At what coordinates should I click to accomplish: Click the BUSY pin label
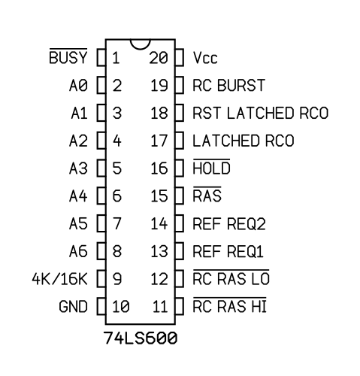point(68,57)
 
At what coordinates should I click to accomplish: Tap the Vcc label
point(205,58)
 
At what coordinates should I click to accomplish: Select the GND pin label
point(73,306)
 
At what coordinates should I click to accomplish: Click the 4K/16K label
point(59,279)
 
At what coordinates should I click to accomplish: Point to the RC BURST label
point(228,85)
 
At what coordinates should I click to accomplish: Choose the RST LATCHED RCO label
point(261,113)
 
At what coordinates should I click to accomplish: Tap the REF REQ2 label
point(229,223)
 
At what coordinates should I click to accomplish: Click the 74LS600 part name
point(141,338)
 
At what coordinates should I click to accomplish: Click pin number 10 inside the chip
point(121,306)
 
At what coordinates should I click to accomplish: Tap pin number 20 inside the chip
point(159,58)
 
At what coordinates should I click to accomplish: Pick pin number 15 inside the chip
point(159,196)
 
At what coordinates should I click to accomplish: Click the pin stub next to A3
point(101,168)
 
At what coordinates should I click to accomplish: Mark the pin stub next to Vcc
point(180,58)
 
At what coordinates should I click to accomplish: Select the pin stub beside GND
point(101,306)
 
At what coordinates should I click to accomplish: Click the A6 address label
point(78,251)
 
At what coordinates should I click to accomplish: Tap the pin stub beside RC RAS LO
point(180,278)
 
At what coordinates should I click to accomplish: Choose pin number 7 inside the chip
point(117,223)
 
